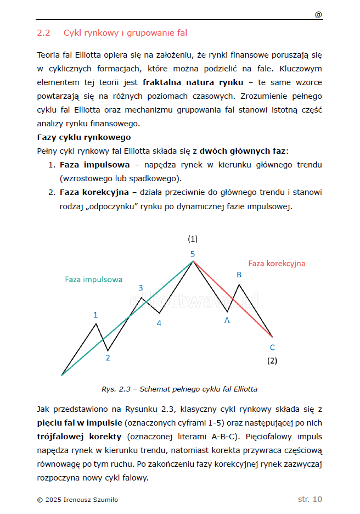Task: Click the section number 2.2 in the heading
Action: pos(43,33)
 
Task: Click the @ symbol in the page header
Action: pos(318,15)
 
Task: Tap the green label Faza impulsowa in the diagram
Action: pos(93,279)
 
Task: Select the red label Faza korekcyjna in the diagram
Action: pos(277,263)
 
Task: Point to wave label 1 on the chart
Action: pos(95,315)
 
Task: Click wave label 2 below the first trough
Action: pos(108,358)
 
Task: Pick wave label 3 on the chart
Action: pos(140,288)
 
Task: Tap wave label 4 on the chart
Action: pos(159,323)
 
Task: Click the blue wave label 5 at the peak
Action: pos(193,254)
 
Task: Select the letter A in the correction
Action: pos(227,321)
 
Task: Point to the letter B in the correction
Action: pos(239,275)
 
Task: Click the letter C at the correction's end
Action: pos(272,347)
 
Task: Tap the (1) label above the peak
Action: pos(193,239)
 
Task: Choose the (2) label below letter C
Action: pos(272,361)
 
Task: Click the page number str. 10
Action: pos(310,499)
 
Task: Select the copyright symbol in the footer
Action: pos(40,500)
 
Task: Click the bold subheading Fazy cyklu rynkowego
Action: pos(83,137)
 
